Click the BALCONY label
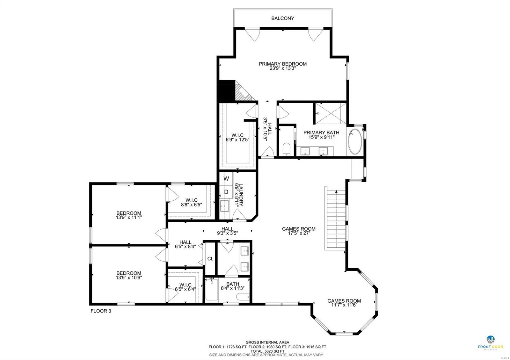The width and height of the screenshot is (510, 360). click(x=282, y=18)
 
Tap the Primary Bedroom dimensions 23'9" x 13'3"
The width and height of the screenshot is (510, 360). click(x=282, y=68)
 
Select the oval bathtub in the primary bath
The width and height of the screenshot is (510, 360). click(x=354, y=141)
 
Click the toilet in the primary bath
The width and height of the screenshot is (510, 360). click(x=286, y=149)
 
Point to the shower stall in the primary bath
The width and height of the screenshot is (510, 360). click(x=330, y=113)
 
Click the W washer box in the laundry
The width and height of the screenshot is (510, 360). click(x=226, y=179)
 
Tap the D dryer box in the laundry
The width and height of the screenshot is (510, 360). click(x=226, y=192)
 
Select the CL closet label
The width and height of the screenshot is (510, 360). click(x=210, y=259)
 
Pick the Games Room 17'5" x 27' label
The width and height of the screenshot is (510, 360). click(x=299, y=231)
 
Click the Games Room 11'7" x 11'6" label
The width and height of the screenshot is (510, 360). click(x=344, y=303)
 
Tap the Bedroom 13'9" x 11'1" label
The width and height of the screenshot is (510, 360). click(x=128, y=215)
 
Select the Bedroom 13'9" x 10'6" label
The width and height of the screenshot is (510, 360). click(x=128, y=275)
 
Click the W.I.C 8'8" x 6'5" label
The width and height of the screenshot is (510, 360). click(x=191, y=203)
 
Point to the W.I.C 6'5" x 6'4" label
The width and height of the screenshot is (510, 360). click(x=185, y=287)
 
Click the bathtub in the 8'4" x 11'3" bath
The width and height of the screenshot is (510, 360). click(x=211, y=290)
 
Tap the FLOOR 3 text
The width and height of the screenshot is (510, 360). click(x=101, y=311)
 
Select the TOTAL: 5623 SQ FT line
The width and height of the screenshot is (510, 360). click(x=267, y=351)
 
